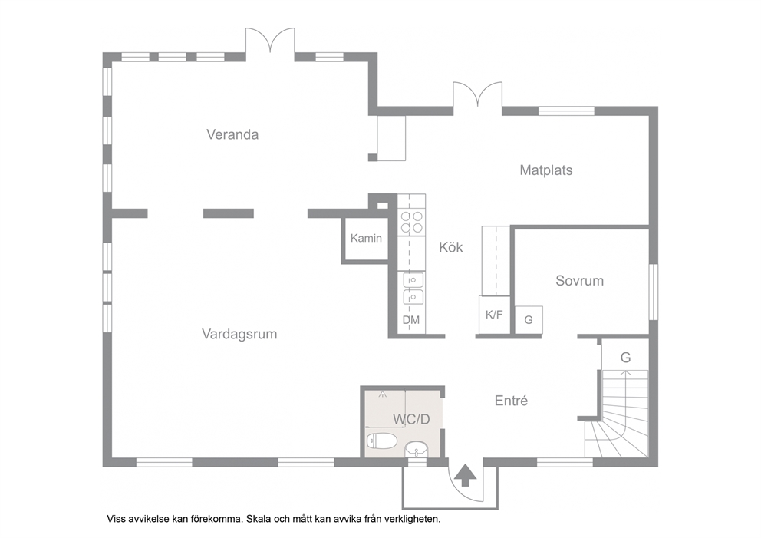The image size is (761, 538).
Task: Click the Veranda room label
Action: [x=232, y=134]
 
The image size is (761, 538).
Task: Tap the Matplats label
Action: [x=546, y=170]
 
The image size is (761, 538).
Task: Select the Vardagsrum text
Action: [x=239, y=335]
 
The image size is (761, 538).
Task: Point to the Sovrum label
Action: [x=579, y=281]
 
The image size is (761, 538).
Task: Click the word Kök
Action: [x=451, y=247]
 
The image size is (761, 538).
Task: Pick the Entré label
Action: [x=511, y=401]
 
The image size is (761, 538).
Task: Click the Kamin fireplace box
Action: [x=366, y=239]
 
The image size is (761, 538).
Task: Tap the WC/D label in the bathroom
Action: [x=411, y=419]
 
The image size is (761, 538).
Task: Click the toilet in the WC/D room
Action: [x=383, y=441]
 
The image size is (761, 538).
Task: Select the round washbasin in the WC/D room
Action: [x=416, y=449]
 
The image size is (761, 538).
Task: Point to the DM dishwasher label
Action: [x=411, y=320]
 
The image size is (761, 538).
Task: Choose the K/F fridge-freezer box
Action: [x=494, y=315]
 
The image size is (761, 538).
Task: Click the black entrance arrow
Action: [x=466, y=475]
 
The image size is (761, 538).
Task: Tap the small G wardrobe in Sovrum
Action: [x=529, y=320]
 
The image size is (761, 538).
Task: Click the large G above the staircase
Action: [x=625, y=358]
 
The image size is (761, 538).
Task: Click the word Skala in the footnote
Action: [x=259, y=519]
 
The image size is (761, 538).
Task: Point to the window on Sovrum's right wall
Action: [x=654, y=292]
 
